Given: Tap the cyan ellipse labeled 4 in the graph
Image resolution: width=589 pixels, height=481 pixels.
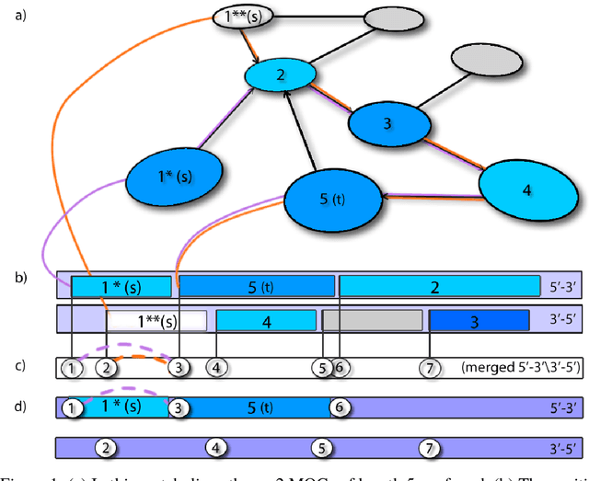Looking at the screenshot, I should click(525, 189).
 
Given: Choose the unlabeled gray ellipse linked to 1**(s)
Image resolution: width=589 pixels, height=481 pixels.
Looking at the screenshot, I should click(393, 18).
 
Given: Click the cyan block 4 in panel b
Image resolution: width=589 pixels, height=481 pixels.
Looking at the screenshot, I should click(266, 321).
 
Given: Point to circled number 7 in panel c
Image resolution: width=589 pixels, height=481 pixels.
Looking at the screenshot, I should click(427, 368).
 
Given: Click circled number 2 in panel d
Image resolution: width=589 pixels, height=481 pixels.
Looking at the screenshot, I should click(107, 447).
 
